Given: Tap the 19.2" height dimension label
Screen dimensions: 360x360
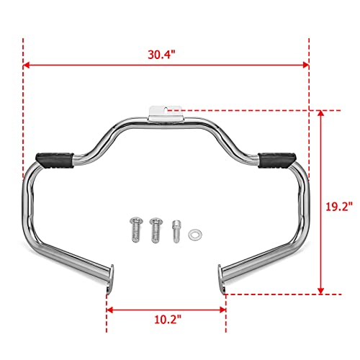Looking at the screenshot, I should point(338,206).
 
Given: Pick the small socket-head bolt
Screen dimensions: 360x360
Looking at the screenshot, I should point(176,232).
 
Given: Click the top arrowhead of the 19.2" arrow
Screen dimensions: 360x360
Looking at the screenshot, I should point(321,114).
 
